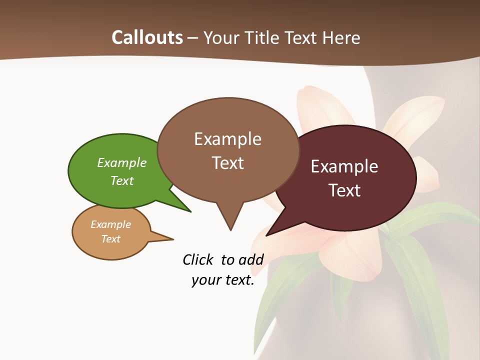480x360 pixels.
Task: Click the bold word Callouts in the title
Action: (x=147, y=37)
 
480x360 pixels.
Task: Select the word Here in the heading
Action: (x=341, y=37)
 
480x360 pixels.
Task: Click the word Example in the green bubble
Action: (x=122, y=162)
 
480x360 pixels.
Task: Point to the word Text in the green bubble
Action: (x=122, y=180)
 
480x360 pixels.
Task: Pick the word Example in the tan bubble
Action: (x=111, y=224)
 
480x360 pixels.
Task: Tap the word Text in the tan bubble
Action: (x=111, y=239)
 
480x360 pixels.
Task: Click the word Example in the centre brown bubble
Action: (x=228, y=139)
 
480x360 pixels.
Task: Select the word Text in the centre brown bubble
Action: (x=228, y=163)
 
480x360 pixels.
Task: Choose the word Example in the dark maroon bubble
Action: (x=344, y=166)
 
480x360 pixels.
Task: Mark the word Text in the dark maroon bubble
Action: (x=344, y=190)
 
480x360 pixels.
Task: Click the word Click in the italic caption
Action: (x=198, y=259)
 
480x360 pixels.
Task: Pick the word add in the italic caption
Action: (x=251, y=259)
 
